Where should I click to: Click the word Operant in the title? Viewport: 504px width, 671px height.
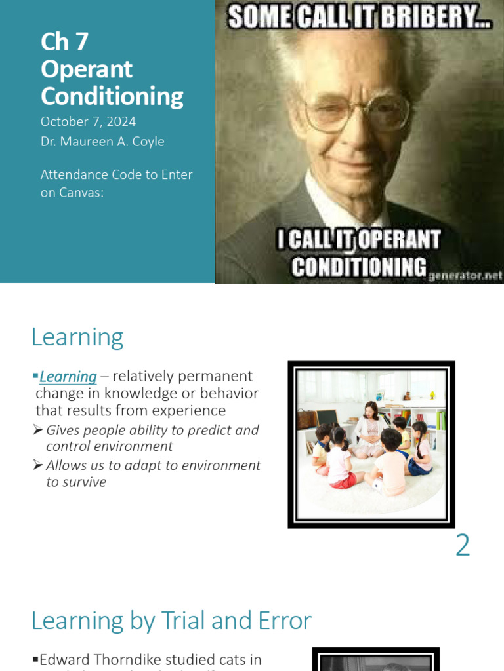[x=87, y=69]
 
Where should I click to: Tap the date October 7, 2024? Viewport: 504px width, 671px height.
[x=88, y=121]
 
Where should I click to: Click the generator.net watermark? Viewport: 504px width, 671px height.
[x=465, y=276]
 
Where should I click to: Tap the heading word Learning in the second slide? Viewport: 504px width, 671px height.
[x=77, y=337]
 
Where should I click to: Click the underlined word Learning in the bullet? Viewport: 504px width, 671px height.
[x=68, y=377]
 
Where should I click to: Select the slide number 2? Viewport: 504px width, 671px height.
[x=463, y=545]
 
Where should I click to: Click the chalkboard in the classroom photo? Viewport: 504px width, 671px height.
[x=327, y=417]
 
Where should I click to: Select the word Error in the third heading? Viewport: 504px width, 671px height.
[x=278, y=621]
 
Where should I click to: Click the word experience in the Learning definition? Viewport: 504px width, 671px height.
[x=190, y=410]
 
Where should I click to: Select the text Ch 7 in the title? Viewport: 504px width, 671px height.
[x=64, y=42]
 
